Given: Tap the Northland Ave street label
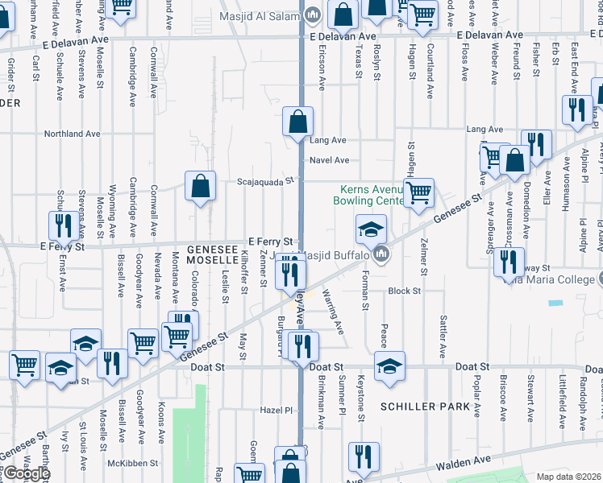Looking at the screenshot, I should (x=72, y=134).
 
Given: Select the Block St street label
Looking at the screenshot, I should (x=404, y=291).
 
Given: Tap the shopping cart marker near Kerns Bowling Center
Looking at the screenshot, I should (x=418, y=193).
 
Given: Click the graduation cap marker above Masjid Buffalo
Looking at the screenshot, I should (x=371, y=229).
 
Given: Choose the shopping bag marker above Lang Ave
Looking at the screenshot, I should (x=297, y=122).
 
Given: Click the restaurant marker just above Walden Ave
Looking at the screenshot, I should (x=363, y=456).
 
